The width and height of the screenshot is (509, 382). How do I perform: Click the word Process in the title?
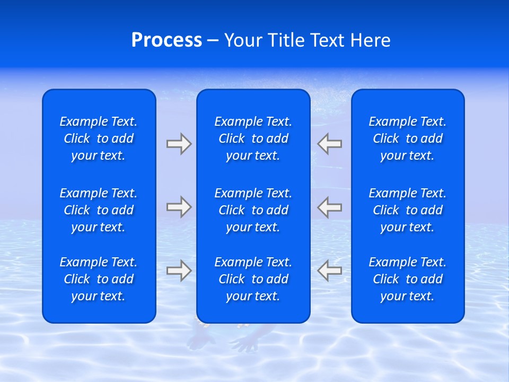pyautogui.click(x=166, y=40)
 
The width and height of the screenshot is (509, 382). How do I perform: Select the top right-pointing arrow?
pyautogui.click(x=179, y=144)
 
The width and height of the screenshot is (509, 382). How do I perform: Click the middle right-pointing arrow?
pyautogui.click(x=179, y=207)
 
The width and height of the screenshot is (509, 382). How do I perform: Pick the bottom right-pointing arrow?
pyautogui.click(x=179, y=270)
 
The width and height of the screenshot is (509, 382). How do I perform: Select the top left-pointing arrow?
pyautogui.click(x=329, y=144)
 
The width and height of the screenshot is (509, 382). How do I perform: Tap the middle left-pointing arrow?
pyautogui.click(x=329, y=207)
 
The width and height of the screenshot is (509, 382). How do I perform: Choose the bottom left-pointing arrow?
pyautogui.click(x=329, y=270)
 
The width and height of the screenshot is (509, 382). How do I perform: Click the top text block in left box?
pyautogui.click(x=99, y=138)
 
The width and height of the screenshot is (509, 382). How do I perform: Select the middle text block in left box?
pyautogui.click(x=99, y=210)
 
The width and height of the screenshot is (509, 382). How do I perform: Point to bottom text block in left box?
pyautogui.click(x=99, y=279)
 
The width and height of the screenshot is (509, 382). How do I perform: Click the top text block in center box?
pyautogui.click(x=253, y=138)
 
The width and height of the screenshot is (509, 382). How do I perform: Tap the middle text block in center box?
pyautogui.click(x=253, y=210)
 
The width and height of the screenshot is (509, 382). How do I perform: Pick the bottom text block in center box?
pyautogui.click(x=253, y=279)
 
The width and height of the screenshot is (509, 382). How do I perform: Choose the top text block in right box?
pyautogui.click(x=408, y=138)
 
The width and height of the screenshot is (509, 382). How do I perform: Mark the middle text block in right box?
pyautogui.click(x=408, y=210)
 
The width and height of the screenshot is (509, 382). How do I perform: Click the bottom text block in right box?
pyautogui.click(x=408, y=279)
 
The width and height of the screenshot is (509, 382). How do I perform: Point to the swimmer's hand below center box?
pyautogui.click(x=246, y=342)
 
